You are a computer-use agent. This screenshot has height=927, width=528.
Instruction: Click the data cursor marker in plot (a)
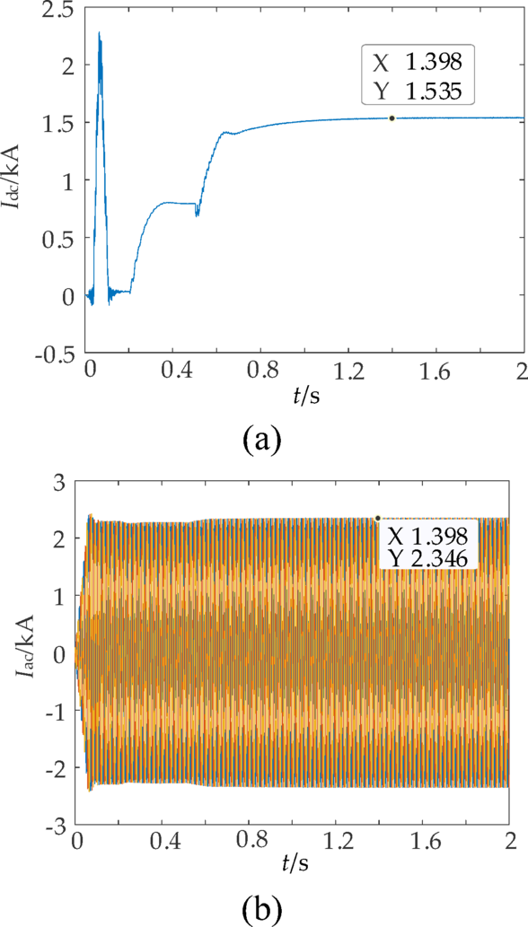392,118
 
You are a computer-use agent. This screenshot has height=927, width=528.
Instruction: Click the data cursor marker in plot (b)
378,518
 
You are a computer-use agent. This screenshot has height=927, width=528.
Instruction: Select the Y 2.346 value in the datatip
428,558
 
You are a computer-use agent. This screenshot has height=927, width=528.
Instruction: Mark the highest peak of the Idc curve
100,32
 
